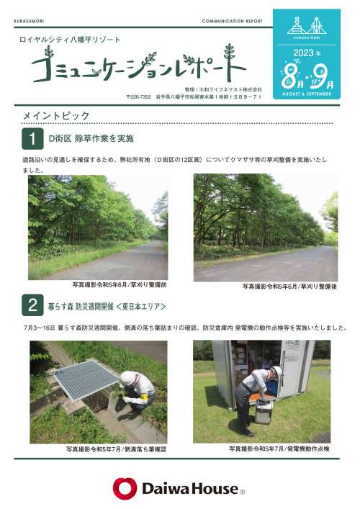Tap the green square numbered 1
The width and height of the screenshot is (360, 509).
click(x=32, y=139)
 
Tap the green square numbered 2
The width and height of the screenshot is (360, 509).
click(x=32, y=305)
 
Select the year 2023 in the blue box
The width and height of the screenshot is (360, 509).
click(x=303, y=53)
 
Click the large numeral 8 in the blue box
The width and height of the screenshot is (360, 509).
click(x=288, y=76)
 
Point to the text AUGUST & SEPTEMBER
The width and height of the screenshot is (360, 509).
click(x=307, y=94)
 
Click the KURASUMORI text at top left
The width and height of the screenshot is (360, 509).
click(x=29, y=21)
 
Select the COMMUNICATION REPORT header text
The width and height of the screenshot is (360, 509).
click(x=232, y=21)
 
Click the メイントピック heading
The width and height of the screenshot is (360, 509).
click(x=56, y=116)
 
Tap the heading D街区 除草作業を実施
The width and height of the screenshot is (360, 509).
click(x=91, y=139)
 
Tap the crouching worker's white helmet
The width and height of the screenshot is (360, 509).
click(x=127, y=378)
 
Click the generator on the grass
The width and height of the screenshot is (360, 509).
click(x=264, y=411)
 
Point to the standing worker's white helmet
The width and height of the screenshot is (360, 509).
click(x=277, y=371)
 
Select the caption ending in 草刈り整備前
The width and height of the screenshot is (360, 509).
click(x=119, y=284)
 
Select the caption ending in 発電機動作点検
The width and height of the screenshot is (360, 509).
click(x=279, y=449)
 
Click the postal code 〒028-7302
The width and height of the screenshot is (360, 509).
click(x=139, y=96)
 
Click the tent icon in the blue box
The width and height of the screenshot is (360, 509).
click(x=317, y=26)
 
